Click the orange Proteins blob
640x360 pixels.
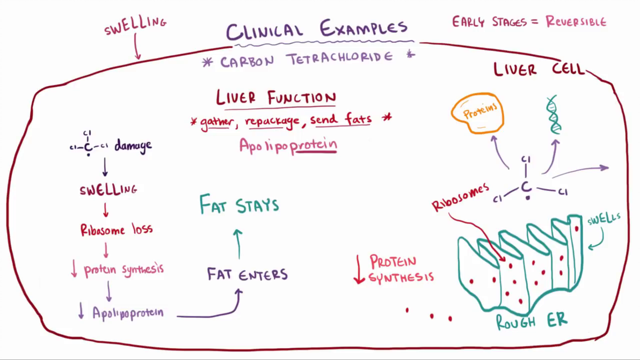coord(477,113)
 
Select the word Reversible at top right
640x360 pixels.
coord(576,21)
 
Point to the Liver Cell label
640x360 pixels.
coord(539,69)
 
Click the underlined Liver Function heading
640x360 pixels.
coord(276,98)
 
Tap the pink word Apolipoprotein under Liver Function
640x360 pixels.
coord(288,145)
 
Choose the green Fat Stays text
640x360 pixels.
coord(239,204)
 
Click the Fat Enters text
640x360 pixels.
coord(248,274)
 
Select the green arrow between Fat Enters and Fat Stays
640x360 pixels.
coord(238,244)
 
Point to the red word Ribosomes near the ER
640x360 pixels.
coord(461,197)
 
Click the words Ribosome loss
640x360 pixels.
coord(117,230)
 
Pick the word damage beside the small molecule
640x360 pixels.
coord(133,146)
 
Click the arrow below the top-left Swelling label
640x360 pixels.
coord(137,46)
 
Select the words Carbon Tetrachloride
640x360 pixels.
coord(306,59)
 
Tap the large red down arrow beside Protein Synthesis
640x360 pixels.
coord(359,269)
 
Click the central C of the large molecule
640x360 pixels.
coord(527,188)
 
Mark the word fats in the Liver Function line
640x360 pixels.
coord(358,119)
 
